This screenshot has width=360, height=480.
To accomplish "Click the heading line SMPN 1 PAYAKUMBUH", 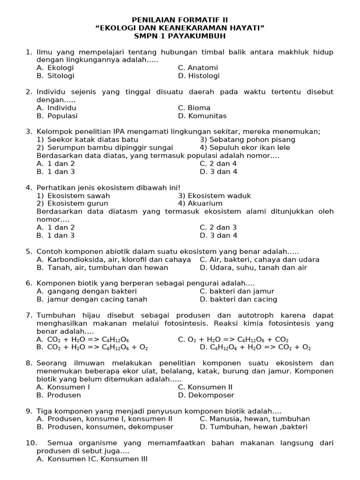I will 180,36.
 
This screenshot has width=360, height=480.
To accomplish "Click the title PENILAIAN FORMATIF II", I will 180,20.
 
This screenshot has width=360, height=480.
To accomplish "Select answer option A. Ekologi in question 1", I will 55,68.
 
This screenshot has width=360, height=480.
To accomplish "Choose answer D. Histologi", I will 199,76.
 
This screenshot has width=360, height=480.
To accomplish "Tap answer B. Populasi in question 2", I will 57,116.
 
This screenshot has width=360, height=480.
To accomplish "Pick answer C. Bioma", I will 194,108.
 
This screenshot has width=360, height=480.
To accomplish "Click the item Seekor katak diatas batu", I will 88,140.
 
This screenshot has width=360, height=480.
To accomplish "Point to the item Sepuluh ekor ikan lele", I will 245,148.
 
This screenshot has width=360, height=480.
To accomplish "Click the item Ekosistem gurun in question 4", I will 73,203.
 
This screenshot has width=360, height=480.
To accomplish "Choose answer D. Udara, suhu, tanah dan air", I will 253,268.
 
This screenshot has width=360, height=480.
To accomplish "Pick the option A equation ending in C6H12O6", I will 82,339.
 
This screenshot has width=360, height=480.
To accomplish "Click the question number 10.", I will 31,443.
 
